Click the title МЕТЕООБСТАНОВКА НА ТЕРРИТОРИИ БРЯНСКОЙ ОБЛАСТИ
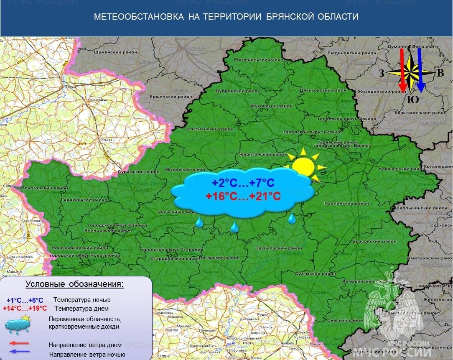[226, 17]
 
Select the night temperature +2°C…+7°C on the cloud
[243, 183]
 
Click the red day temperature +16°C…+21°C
[243, 196]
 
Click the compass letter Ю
[412, 100]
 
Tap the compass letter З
[381, 74]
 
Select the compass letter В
[440, 74]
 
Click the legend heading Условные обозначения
[75, 284]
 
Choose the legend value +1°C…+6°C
[25, 300]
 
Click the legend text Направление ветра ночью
[87, 355]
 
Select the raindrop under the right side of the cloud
[292, 217]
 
